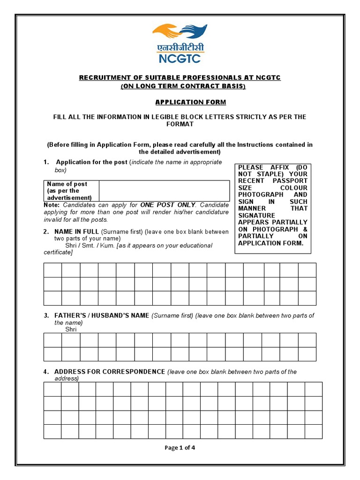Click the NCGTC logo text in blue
pyautogui.click(x=180, y=59)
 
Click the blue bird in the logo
pyautogui.click(x=194, y=32)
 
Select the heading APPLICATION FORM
pyautogui.click(x=183, y=102)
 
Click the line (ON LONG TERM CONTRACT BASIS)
pyautogui.click(x=183, y=86)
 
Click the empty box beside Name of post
pyautogui.click(x=164, y=191)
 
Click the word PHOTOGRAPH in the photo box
pyautogui.click(x=261, y=195)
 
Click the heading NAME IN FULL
pyautogui.click(x=76, y=232)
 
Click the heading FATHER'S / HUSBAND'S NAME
pyautogui.click(x=102, y=315)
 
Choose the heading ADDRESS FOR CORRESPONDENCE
pyautogui.click(x=110, y=372)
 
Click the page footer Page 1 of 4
pyautogui.click(x=180, y=447)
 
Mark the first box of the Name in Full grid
pyautogui.click(x=52, y=270)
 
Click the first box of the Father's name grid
pyautogui.click(x=52, y=340)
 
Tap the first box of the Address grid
pyautogui.click(x=52, y=389)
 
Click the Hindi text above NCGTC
pyautogui.click(x=180, y=48)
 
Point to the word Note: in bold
pyautogui.click(x=52, y=205)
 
